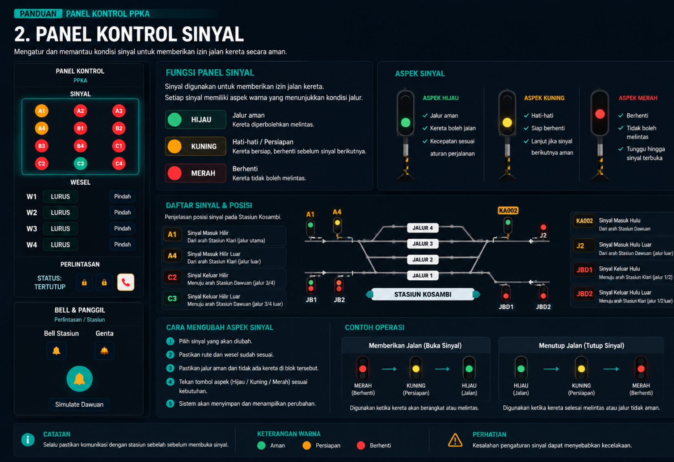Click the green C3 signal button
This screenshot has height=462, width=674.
(80, 163)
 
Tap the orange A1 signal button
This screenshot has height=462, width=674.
(42, 111)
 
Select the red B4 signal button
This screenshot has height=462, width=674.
(80, 146)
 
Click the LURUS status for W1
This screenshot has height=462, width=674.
(60, 196)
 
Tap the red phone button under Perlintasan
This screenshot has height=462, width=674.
(126, 282)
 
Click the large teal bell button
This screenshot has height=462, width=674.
(79, 378)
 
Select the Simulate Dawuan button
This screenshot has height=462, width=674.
(79, 404)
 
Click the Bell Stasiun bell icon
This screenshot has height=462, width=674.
(56, 351)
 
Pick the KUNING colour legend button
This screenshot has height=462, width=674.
(196, 146)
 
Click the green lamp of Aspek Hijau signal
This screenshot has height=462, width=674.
(405, 122)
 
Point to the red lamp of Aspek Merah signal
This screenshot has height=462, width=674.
(600, 114)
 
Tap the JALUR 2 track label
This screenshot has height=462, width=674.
(423, 260)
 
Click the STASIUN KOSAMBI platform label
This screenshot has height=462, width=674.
(423, 294)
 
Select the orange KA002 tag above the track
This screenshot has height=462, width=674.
(508, 211)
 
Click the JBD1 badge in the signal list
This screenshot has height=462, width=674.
(584, 270)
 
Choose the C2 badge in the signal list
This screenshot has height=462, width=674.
(172, 277)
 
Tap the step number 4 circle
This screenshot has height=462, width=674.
(170, 382)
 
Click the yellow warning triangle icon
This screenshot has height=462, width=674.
(455, 440)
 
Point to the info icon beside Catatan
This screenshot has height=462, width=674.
(28, 440)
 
